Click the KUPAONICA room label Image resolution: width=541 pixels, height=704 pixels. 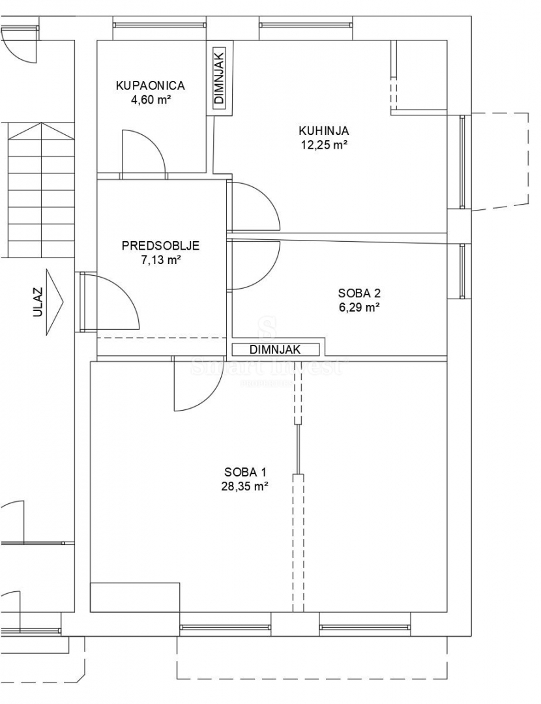[151, 85]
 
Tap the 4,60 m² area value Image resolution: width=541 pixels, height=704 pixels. [151, 100]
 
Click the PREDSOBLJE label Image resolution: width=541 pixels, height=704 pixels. [160, 246]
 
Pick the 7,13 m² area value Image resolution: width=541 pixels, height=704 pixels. [160, 260]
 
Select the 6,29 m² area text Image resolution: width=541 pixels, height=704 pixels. [359, 308]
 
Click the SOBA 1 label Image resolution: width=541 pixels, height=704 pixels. [245, 472]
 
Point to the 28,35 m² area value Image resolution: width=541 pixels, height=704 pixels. [245, 486]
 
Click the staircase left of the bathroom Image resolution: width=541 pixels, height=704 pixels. [41, 189]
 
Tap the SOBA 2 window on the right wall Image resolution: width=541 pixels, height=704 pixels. [463, 271]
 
